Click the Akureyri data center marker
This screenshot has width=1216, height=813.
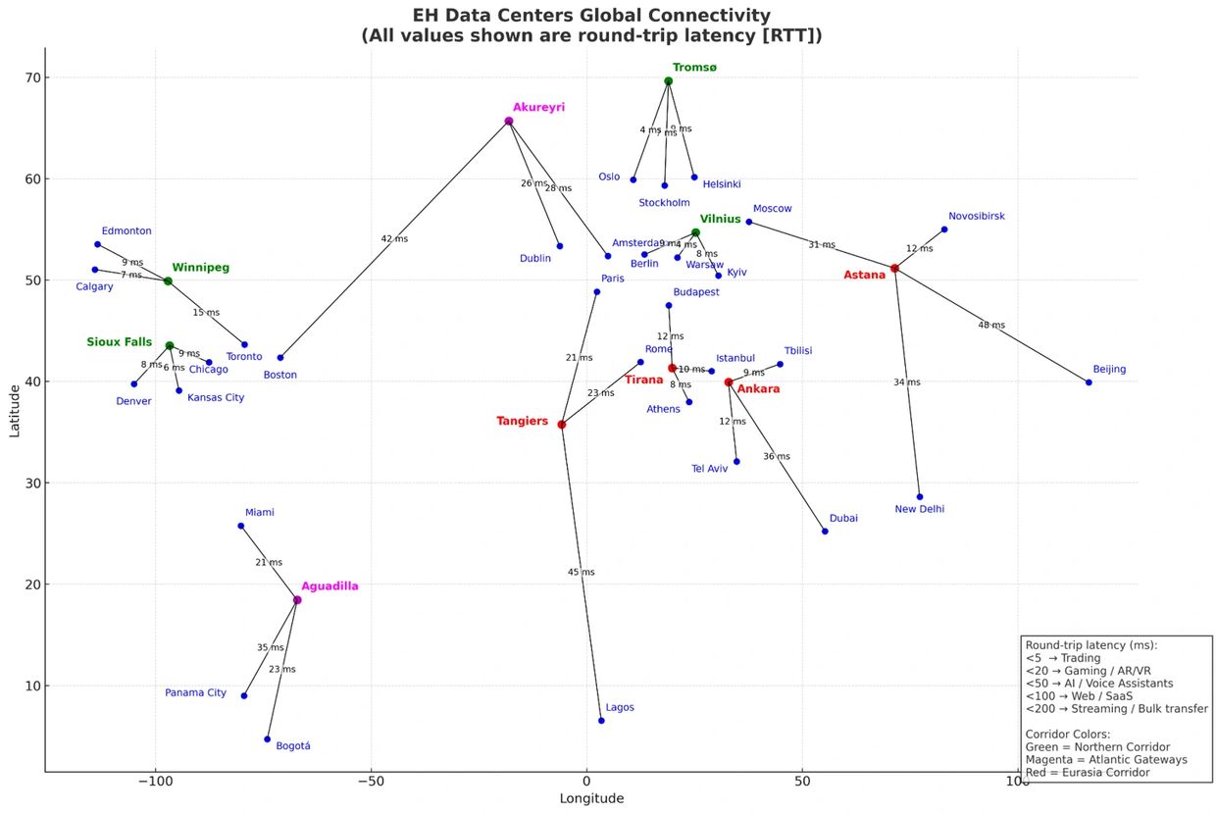pyautogui.click(x=509, y=122)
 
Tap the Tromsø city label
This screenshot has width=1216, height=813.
pyautogui.click(x=694, y=67)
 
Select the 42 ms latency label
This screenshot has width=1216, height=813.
pyautogui.click(x=394, y=239)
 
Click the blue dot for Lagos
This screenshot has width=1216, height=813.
pyautogui.click(x=601, y=721)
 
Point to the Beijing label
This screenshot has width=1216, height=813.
pyautogui.click(x=1109, y=370)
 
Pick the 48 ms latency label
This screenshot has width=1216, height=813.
pyautogui.click(x=991, y=325)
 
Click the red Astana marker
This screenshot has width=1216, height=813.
pyautogui.click(x=894, y=269)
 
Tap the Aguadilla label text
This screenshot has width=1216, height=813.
pyautogui.click(x=329, y=586)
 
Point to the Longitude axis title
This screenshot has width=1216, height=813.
pyautogui.click(x=591, y=798)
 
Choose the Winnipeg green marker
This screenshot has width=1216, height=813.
pyautogui.click(x=168, y=281)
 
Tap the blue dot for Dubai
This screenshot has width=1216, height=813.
pyautogui.click(x=825, y=532)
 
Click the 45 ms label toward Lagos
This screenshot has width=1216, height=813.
pyautogui.click(x=581, y=572)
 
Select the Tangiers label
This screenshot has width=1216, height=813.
pyautogui.click(x=523, y=422)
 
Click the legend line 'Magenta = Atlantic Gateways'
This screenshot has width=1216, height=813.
pyautogui.click(x=1106, y=759)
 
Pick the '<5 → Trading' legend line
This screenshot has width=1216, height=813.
pyautogui.click(x=1063, y=658)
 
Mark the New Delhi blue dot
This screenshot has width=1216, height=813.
pyautogui.click(x=920, y=496)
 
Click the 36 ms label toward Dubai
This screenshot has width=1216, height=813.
pyautogui.click(x=777, y=456)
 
